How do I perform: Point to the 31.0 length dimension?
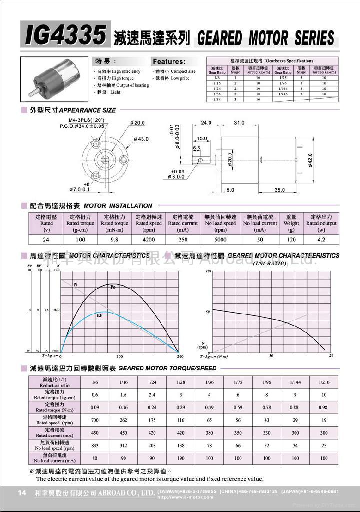point(239,123)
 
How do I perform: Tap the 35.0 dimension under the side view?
point(279,190)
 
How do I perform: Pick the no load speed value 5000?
point(220,240)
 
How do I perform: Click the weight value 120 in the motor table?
point(291,240)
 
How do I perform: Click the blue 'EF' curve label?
point(100,316)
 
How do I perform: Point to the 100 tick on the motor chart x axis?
point(120,357)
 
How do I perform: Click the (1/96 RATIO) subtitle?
point(270,263)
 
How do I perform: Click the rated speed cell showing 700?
point(95,420)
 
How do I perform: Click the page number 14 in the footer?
point(22,493)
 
